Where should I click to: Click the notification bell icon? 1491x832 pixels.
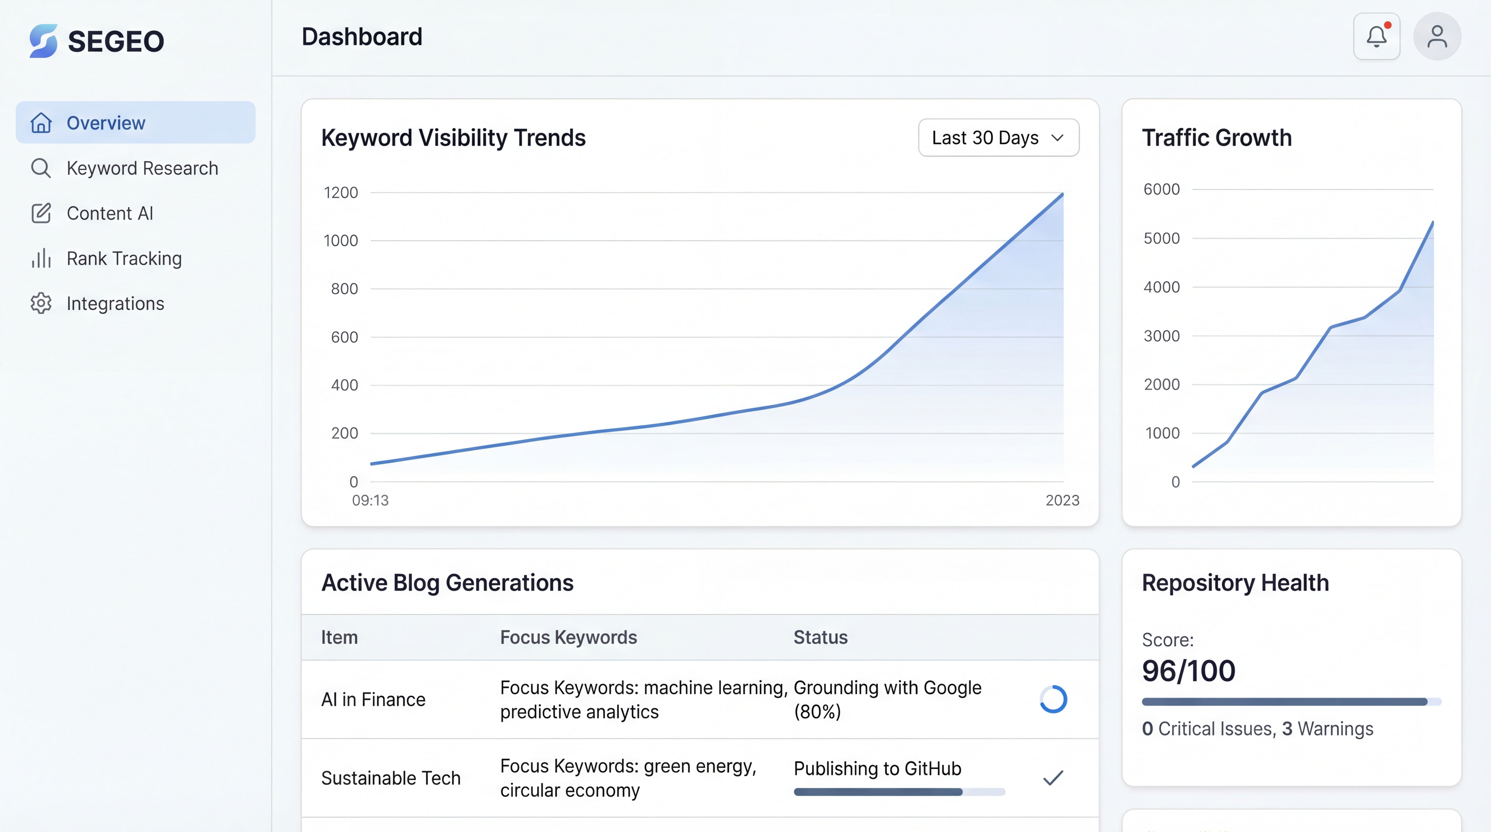coord(1376,37)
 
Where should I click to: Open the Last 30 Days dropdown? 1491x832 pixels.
coord(999,138)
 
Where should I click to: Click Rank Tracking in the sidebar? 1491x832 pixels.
coord(124,259)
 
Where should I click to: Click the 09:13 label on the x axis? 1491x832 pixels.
coord(370,500)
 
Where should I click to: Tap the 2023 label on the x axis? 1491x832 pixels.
coord(1062,500)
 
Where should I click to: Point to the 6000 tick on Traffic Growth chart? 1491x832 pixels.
coord(1161,189)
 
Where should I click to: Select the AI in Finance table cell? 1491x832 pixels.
coord(373,700)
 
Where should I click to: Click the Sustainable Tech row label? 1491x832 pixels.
coord(391,778)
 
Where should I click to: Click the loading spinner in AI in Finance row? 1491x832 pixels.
coord(1053,700)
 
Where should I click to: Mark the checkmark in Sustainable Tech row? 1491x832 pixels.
coord(1053,778)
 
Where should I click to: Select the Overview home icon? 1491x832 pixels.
coord(41,123)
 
